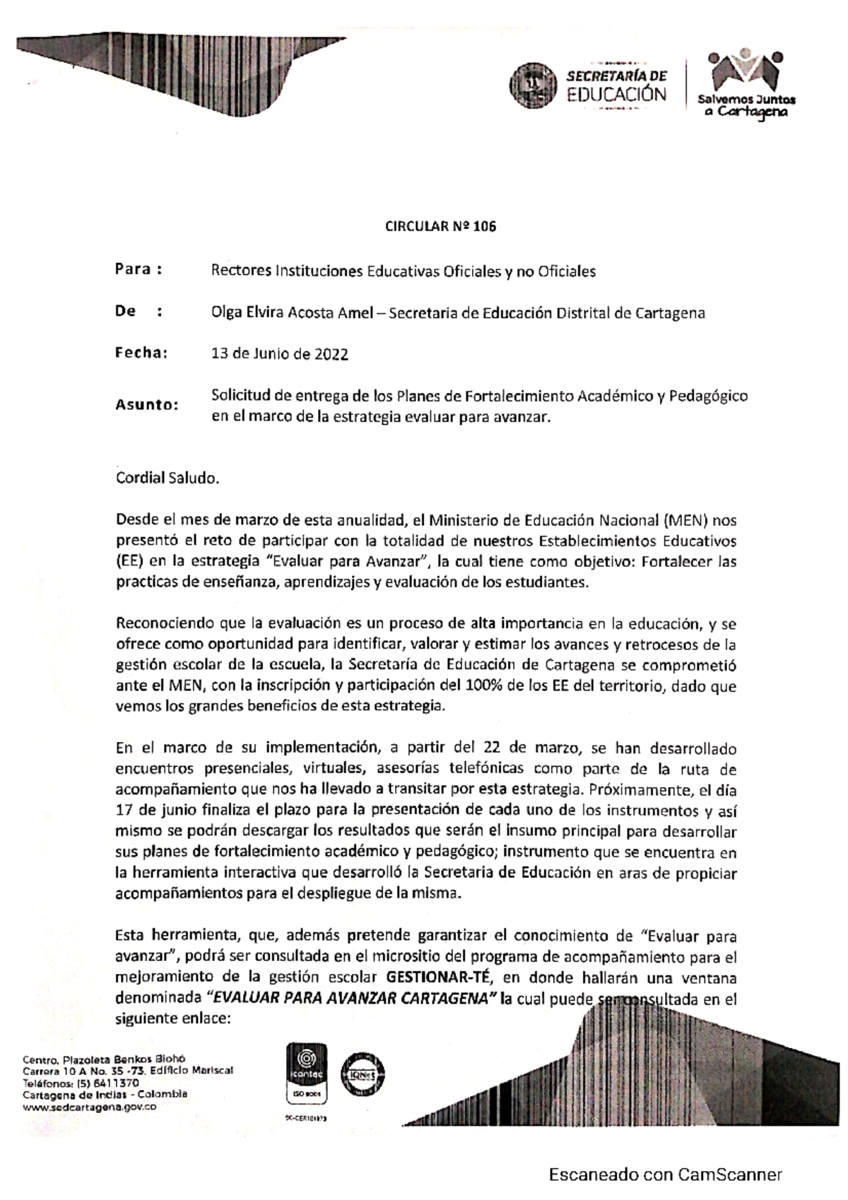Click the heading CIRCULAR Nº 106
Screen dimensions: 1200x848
[x=440, y=227]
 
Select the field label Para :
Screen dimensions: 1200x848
[x=139, y=269]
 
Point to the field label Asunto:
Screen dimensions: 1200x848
[x=147, y=406]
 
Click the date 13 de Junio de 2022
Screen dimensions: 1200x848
[x=280, y=355]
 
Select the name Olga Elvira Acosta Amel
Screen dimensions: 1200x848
[x=292, y=313]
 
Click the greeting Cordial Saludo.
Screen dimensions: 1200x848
[x=167, y=478]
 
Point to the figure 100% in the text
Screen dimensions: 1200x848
[x=483, y=685]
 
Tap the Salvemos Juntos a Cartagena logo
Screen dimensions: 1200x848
[x=746, y=86]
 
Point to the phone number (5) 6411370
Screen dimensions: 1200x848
[x=102, y=1083]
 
